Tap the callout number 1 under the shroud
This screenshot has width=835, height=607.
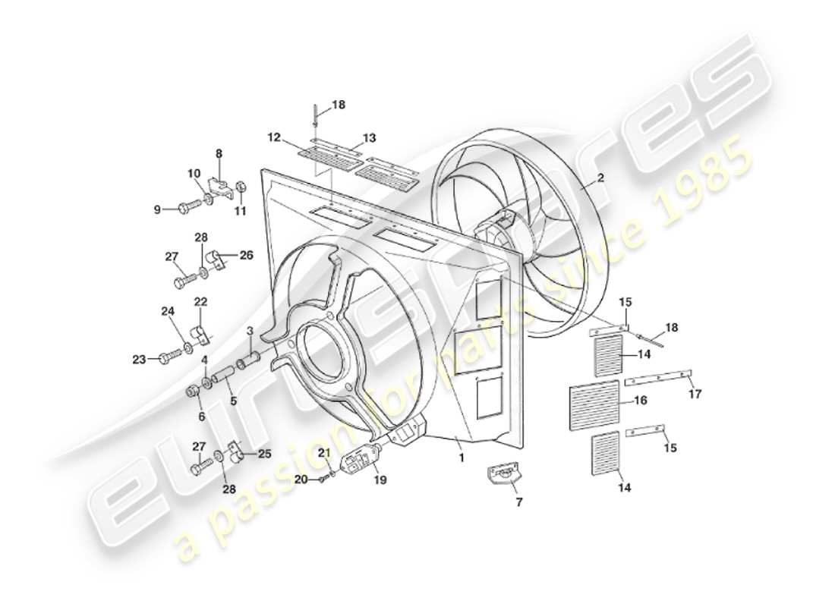(460, 458)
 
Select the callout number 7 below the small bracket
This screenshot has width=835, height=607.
(518, 502)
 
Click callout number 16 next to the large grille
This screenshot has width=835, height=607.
(641, 400)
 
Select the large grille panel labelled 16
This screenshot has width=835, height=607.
(594, 401)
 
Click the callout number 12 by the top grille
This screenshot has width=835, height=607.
(274, 138)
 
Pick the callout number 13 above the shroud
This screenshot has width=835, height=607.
(370, 138)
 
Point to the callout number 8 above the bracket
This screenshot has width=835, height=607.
(219, 154)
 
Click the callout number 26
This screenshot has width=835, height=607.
(247, 255)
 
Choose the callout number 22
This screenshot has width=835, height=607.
(200, 302)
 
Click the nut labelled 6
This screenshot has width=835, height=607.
(193, 392)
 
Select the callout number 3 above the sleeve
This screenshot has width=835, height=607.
(249, 330)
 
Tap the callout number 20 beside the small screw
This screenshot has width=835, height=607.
(301, 479)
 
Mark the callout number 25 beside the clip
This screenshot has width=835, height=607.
(265, 455)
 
